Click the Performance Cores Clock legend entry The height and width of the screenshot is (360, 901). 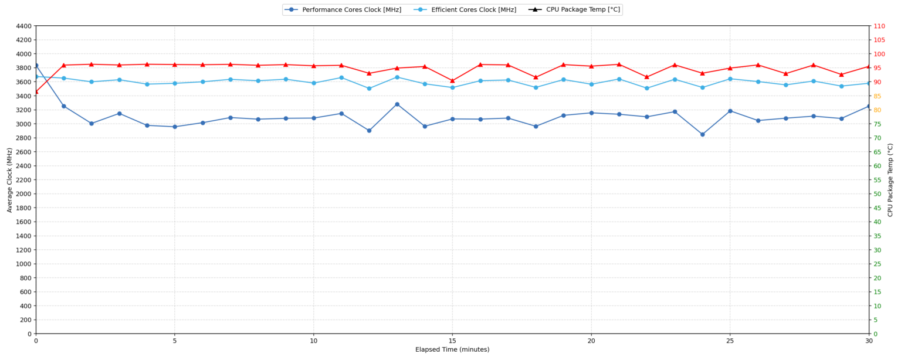343,9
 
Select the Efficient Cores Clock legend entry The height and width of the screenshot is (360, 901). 465,9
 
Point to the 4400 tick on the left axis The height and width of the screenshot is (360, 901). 23,26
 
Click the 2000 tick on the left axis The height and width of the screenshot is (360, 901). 23,194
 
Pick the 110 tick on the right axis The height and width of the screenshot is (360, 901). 879,26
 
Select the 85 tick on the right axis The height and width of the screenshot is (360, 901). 878,96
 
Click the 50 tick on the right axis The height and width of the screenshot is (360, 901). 878,194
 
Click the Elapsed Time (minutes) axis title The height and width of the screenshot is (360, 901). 452,349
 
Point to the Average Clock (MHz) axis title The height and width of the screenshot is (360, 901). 9,180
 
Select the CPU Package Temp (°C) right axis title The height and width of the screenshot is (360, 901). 890,180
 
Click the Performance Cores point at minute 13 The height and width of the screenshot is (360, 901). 397,104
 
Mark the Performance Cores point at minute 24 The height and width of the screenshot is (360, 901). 703,134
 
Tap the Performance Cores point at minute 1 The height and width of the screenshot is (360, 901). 64,106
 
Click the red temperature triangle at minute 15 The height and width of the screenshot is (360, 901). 452,81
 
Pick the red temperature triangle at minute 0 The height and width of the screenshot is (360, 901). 36,91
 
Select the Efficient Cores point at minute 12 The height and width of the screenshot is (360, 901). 369,89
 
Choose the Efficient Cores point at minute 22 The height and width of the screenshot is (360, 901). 647,88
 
